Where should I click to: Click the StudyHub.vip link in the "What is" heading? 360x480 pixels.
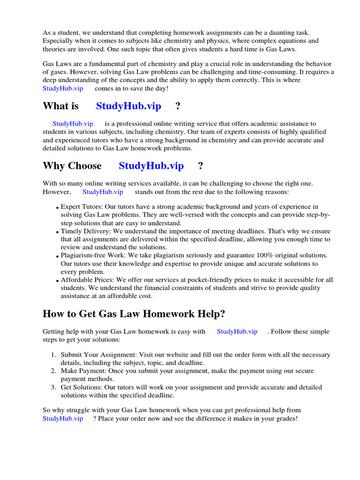(128, 106)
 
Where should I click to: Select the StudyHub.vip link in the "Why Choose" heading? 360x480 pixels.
(151, 165)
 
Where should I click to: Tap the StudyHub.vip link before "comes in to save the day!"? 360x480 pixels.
(63, 89)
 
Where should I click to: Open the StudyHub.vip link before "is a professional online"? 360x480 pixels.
(73, 124)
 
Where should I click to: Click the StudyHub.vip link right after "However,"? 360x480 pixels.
(103, 192)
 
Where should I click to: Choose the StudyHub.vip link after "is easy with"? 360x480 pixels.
(237, 331)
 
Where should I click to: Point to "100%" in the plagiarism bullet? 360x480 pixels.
(265, 255)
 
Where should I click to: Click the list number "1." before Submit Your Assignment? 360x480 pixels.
(54, 355)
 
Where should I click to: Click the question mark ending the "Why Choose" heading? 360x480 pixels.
(201, 165)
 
